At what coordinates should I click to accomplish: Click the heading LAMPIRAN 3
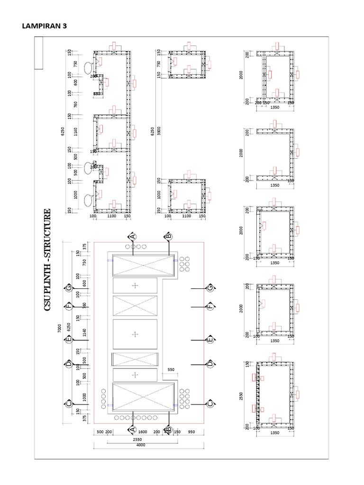tap(44, 27)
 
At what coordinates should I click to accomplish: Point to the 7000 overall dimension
tap(60, 328)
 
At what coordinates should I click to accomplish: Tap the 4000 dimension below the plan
tap(140, 445)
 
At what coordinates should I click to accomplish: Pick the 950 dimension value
tap(191, 432)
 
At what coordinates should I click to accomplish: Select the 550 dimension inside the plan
tap(171, 369)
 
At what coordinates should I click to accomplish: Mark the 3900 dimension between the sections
tap(159, 130)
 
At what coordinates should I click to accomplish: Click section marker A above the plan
tap(133, 236)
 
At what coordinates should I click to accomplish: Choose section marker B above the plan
tap(168, 236)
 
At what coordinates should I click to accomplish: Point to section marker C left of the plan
tap(69, 404)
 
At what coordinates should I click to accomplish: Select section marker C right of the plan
tap(210, 404)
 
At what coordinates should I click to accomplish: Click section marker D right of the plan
tap(210, 364)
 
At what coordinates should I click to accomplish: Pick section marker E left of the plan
tap(69, 339)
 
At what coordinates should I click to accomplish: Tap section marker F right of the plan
tap(210, 306)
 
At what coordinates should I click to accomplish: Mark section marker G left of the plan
tap(69, 287)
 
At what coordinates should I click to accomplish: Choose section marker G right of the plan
tap(210, 287)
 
